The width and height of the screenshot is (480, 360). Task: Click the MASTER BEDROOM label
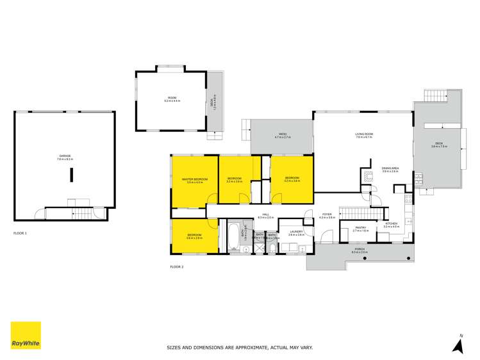pos(194,180)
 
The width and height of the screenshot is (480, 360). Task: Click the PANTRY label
pos(360,229)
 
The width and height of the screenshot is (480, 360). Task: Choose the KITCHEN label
pos(391,224)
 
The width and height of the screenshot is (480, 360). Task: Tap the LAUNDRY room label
pos(295,233)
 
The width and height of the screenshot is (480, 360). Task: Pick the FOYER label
pos(327,217)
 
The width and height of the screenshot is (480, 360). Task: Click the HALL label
pos(265,216)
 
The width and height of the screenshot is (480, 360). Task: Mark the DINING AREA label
pos(390,170)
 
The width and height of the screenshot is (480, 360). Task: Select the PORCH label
pos(360,251)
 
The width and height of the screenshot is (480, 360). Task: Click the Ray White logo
pos(26,335)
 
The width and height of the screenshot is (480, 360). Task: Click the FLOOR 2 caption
pos(177,266)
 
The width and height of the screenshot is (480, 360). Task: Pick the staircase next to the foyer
pos(351,213)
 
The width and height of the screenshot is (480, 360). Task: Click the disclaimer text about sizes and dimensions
pos(240,348)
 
